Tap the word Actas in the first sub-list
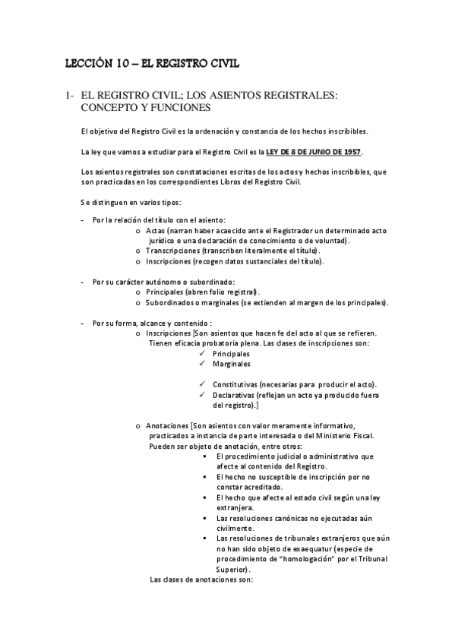[x=156, y=229]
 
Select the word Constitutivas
[x=235, y=384]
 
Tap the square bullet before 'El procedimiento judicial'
[x=207, y=456]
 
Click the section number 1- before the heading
[x=68, y=96]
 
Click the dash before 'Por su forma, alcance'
[x=82, y=323]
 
